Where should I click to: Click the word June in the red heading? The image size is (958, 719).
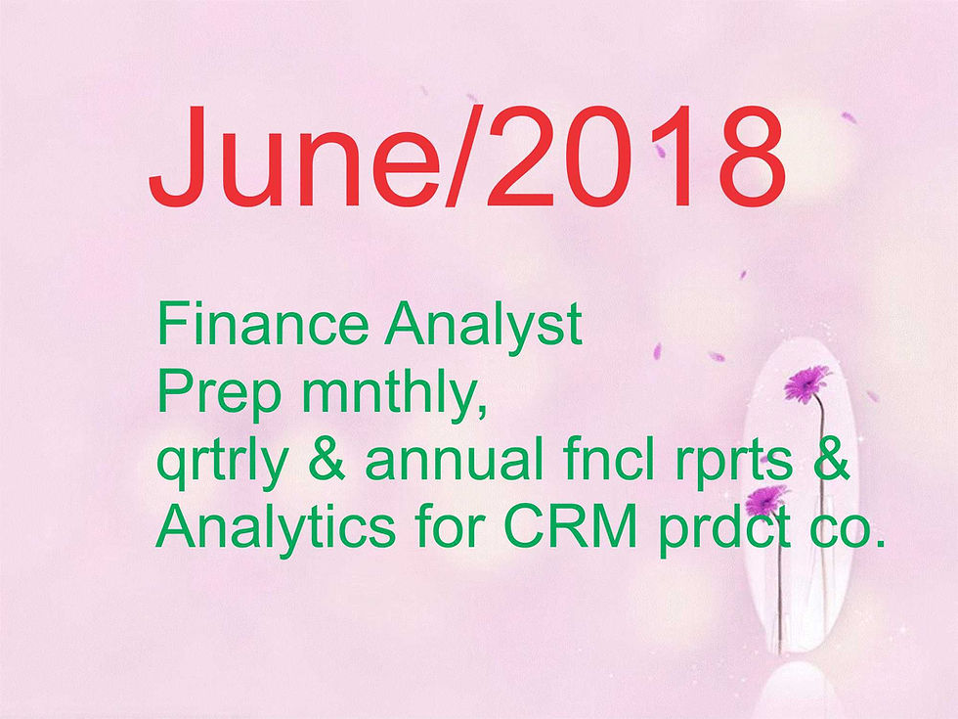pyautogui.click(x=294, y=157)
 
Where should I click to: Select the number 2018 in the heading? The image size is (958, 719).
pyautogui.click(x=636, y=157)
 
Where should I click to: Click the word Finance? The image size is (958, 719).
pyautogui.click(x=263, y=324)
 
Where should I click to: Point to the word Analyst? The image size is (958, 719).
pyautogui.click(x=483, y=329)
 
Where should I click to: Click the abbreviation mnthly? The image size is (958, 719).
pyautogui.click(x=395, y=395)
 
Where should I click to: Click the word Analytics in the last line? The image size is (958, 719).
pyautogui.click(x=276, y=529)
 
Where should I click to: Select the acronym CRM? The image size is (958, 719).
pyautogui.click(x=571, y=526)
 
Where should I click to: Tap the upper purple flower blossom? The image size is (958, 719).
pyautogui.click(x=806, y=383)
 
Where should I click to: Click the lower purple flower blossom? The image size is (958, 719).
pyautogui.click(x=766, y=500)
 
